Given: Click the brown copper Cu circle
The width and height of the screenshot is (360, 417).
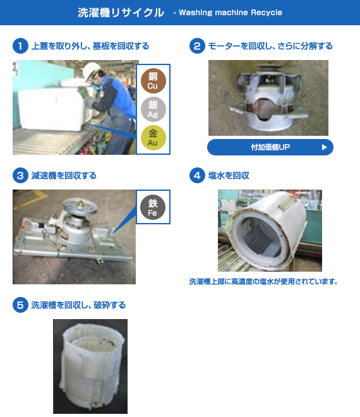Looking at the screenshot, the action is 153,81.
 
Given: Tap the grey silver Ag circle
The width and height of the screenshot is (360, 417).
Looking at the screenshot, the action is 153,109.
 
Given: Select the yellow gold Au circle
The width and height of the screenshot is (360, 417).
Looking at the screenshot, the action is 153,138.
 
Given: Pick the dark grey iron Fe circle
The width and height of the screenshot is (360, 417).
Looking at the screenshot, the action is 153,207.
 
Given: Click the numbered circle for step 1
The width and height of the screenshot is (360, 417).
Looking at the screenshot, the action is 20,46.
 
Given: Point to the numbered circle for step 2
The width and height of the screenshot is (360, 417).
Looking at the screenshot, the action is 197,46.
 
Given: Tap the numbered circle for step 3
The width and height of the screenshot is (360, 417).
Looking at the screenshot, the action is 20,176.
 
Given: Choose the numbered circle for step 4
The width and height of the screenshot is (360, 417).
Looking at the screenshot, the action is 197,176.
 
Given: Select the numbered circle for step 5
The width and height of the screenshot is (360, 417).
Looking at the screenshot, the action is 20,305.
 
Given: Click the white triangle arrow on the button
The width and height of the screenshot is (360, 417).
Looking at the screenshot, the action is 324,147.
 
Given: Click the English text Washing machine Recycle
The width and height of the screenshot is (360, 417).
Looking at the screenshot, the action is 231,13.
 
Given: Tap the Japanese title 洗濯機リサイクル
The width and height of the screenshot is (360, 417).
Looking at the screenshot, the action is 121,13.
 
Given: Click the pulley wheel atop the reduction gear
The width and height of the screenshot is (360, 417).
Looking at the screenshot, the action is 80,205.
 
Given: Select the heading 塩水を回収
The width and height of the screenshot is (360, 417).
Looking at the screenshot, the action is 229,176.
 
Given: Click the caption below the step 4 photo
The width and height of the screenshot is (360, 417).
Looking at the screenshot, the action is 263,281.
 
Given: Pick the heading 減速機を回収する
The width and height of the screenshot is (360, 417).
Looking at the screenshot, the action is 64,176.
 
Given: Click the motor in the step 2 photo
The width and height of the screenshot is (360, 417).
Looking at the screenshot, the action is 268,99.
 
